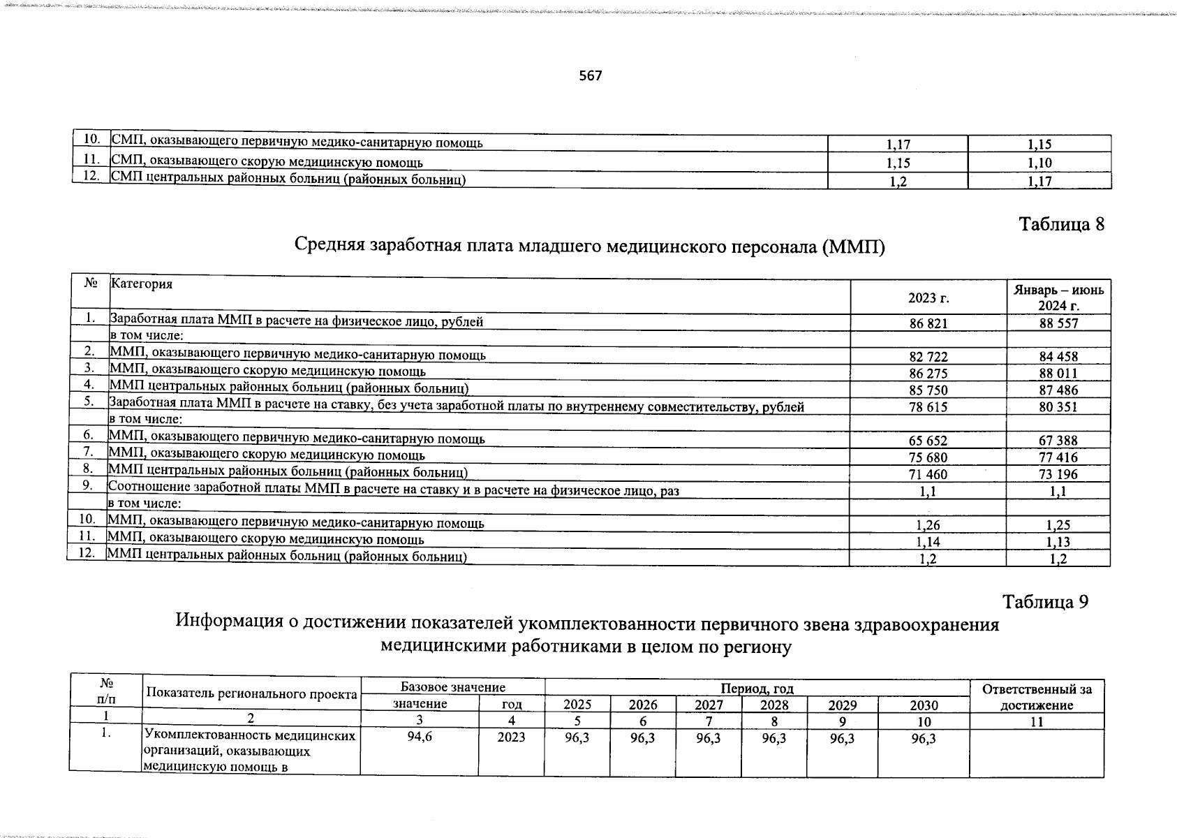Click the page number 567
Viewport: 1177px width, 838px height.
click(x=590, y=75)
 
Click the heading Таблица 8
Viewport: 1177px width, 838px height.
click(x=1062, y=224)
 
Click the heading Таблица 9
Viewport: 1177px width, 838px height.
click(x=1045, y=601)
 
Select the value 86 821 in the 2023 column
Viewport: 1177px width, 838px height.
click(x=928, y=323)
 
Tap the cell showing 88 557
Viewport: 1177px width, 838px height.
click(x=1058, y=323)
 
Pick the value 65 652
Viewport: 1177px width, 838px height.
click(x=928, y=441)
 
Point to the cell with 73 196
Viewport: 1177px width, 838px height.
click(x=1058, y=474)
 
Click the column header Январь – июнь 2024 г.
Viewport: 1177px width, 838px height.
click(x=1058, y=297)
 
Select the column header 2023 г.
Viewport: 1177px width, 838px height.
click(x=928, y=298)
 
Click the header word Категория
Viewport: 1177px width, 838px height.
click(x=142, y=284)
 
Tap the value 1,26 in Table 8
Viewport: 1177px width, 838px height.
click(x=928, y=524)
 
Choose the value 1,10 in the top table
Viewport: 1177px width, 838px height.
click(x=1039, y=163)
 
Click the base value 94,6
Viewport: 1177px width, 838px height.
click(x=420, y=737)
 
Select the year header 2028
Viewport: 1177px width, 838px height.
click(x=773, y=705)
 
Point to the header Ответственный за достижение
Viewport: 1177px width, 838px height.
click(x=1037, y=697)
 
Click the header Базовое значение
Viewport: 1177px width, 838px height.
click(x=452, y=688)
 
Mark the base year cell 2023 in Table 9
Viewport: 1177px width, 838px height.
click(x=511, y=737)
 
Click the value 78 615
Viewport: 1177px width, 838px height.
click(x=928, y=407)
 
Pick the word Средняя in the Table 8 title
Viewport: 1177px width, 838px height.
click(x=329, y=246)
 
